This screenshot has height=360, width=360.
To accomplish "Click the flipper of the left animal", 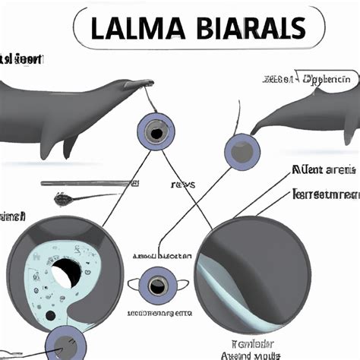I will point(71,143).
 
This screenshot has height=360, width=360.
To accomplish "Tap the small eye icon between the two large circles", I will point(157,286).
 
